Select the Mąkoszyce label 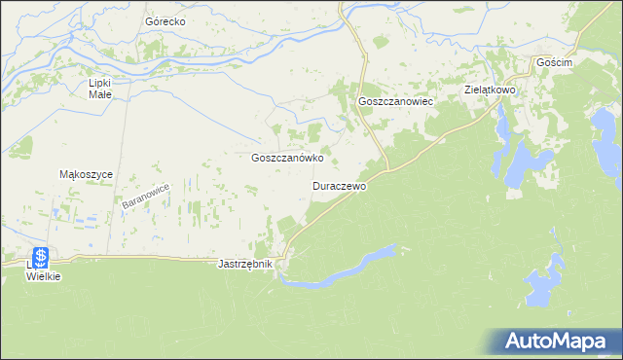[x=88, y=174]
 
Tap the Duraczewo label [x=339, y=185]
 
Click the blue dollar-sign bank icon [x=41, y=258]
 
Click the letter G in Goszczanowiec [x=363, y=101]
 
